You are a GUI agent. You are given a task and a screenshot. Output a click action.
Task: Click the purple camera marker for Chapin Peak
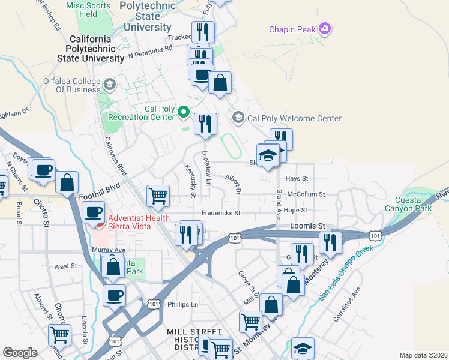(x=325, y=29)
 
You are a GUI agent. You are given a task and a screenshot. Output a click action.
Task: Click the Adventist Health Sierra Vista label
(x=136, y=222)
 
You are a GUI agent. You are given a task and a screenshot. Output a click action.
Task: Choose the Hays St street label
(x=297, y=178)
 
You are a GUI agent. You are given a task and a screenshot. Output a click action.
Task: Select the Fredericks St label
(x=220, y=213)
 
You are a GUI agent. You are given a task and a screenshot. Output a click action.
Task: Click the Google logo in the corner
(x=20, y=352)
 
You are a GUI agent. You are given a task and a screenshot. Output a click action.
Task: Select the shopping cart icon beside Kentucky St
(x=158, y=195)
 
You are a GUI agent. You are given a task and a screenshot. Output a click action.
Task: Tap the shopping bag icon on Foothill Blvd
(x=67, y=181)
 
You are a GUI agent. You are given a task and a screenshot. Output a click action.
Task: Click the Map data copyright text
(x=423, y=355)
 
